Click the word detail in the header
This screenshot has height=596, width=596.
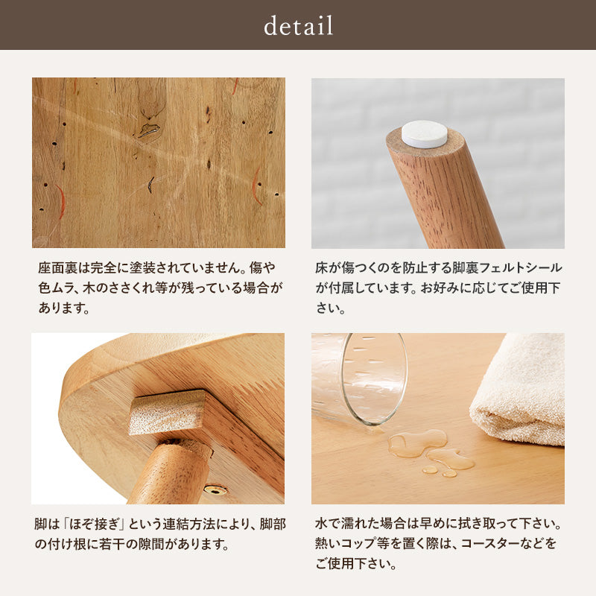click(x=298, y=26)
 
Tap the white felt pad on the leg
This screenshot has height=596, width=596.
click(x=425, y=134)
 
